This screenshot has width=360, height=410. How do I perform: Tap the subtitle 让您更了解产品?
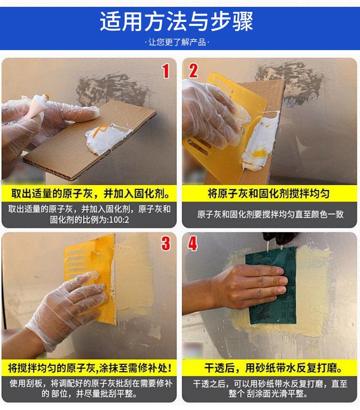click(177, 42)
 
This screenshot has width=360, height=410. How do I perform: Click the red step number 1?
click(165, 71)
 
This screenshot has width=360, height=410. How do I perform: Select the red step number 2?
click(193, 71)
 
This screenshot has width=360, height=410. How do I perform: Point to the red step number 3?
click(165, 243)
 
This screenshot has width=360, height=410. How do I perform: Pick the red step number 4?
click(192, 243)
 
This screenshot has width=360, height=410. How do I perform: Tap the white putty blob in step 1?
click(107, 138)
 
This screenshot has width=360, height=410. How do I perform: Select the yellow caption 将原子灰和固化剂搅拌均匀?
click(268, 194)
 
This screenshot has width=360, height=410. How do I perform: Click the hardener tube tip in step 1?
click(47, 96)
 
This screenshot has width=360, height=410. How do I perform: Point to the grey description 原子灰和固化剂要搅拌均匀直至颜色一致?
click(270, 215)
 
